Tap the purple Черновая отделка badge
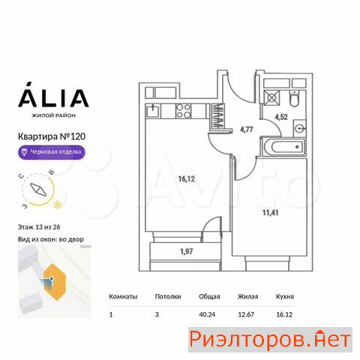[x=52, y=152]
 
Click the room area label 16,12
[x=187, y=179]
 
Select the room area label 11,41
[x=270, y=213]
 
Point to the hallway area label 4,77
[x=247, y=130]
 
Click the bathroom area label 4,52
[x=281, y=117]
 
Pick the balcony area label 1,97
[x=187, y=251]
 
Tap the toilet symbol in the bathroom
[x=294, y=99]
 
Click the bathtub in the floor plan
[x=283, y=147]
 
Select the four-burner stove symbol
[x=184, y=111]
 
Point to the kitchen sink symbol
[x=153, y=111]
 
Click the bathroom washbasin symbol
[x=299, y=128]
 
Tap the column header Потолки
[x=168, y=297]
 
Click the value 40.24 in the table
[x=207, y=314]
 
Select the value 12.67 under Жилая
[x=246, y=314]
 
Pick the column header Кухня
[x=285, y=297]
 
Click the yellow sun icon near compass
[x=58, y=205]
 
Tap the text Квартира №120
[x=52, y=136]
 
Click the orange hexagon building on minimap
[x=55, y=282]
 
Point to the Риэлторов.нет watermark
[x=270, y=340]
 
